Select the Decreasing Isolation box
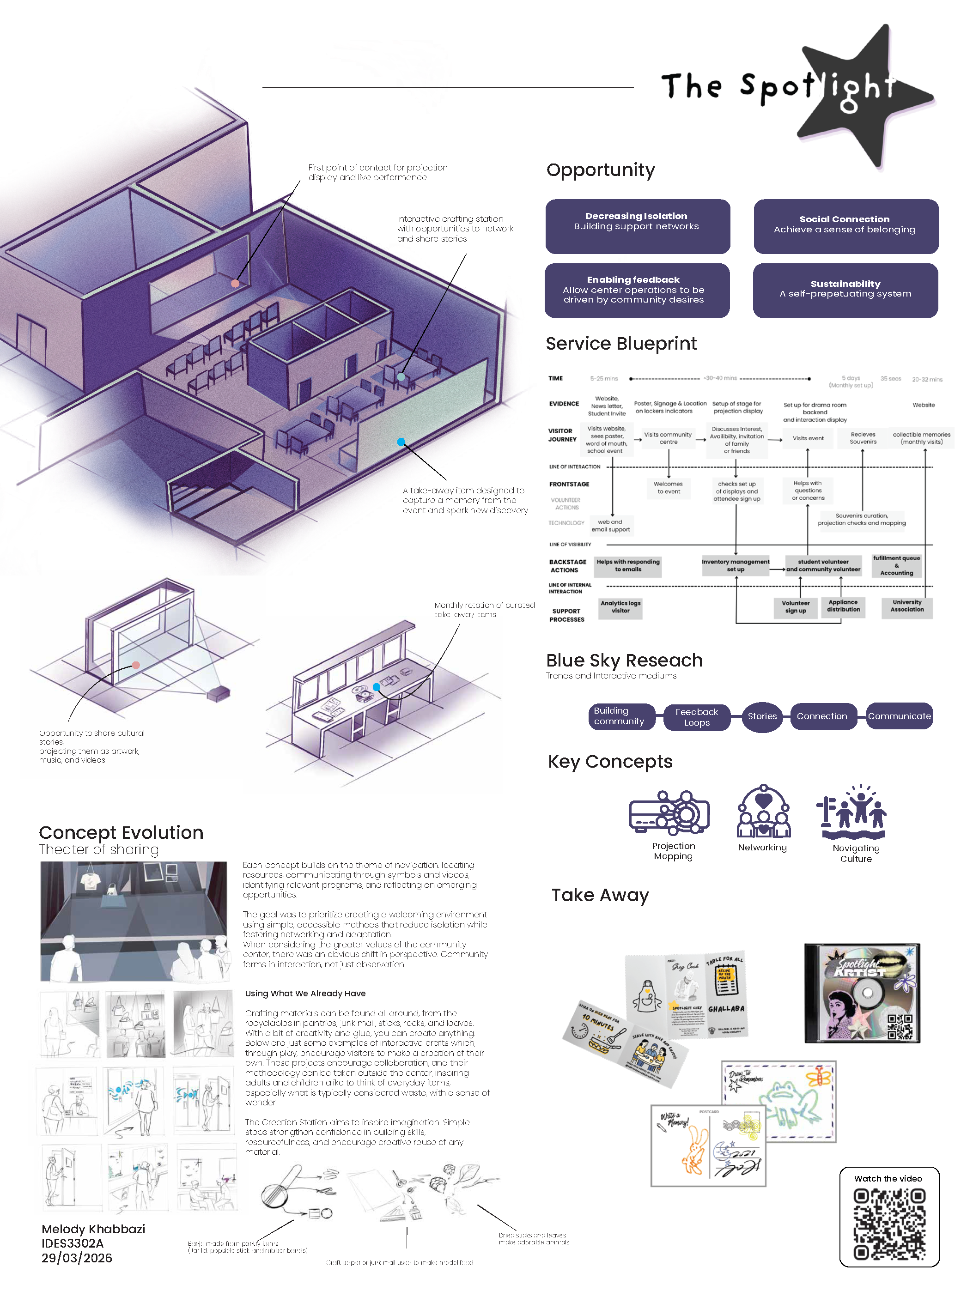tap(637, 226)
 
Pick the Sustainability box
tap(845, 290)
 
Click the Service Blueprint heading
tap(620, 344)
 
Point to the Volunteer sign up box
tap(795, 607)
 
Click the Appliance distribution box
tap(843, 606)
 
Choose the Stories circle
tap(761, 716)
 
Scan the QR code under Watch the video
tap(888, 1224)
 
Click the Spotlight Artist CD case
tap(862, 993)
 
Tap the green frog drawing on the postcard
tap(789, 1100)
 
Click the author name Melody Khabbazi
tap(93, 1229)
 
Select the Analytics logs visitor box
tap(620, 607)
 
